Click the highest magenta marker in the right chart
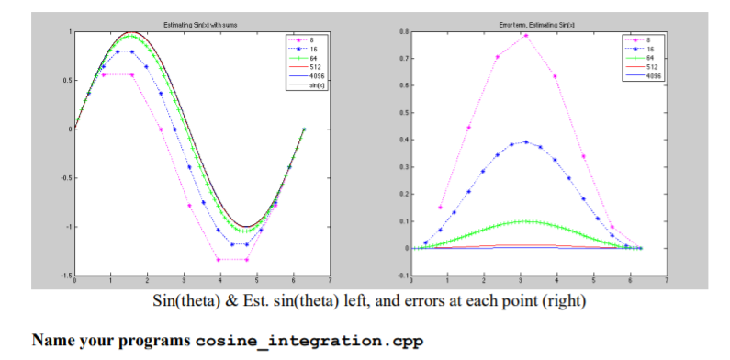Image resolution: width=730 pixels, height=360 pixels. (x=526, y=36)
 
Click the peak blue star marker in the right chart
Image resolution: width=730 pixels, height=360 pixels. (x=526, y=142)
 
